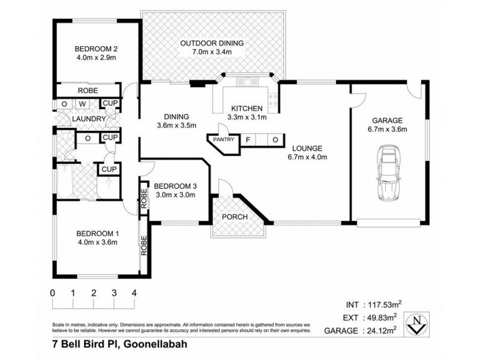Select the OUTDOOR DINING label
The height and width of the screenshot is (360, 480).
[x=212, y=43]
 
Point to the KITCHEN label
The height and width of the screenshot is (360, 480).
[x=247, y=108]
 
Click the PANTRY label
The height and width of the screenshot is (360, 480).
[x=223, y=140]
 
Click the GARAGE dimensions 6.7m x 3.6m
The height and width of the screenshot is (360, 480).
[x=386, y=129]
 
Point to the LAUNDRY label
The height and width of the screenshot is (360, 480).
[x=89, y=119]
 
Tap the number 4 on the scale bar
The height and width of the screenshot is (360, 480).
[x=134, y=293]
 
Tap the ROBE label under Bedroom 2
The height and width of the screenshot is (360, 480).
[x=88, y=91]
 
